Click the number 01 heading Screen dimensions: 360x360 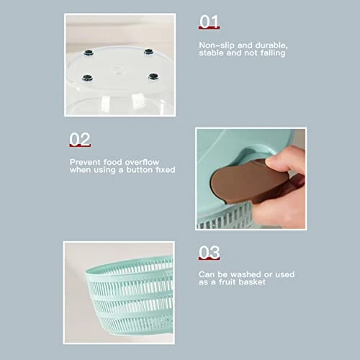[209, 21]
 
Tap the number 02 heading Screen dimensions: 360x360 [80, 139]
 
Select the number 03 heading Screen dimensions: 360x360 [209, 252]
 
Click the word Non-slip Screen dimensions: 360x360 [217, 45]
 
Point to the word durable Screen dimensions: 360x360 [271, 45]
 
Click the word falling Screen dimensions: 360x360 [273, 53]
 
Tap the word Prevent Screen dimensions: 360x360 [85, 162]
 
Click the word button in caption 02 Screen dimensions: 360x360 [139, 170]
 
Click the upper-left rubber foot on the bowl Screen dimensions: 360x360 [89, 53]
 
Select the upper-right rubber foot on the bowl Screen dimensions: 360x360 [148, 51]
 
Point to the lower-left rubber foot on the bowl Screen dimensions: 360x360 [87, 78]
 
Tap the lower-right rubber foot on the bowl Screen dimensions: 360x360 [153, 76]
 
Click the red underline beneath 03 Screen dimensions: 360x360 [209, 258]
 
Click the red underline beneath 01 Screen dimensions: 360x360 [209, 27]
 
